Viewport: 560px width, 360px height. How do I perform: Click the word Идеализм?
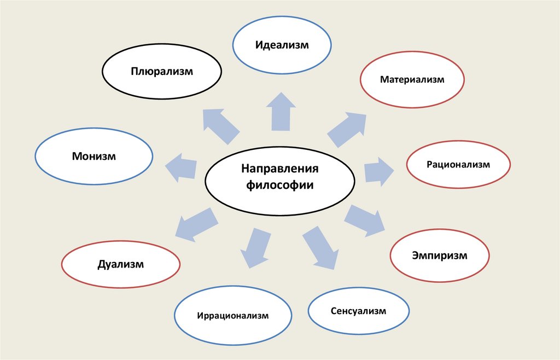(x=282, y=45)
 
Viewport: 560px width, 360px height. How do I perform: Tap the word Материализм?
(x=412, y=80)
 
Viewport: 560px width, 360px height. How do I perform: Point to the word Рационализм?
(x=458, y=164)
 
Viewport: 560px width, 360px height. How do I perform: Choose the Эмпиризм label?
(x=440, y=256)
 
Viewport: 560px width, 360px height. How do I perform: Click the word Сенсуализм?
(x=358, y=311)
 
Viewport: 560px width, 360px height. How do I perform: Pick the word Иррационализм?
(x=233, y=316)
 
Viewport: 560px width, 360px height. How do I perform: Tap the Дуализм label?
(x=121, y=265)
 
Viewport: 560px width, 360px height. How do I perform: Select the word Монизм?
(x=94, y=156)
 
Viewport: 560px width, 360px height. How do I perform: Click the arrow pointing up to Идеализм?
(x=281, y=112)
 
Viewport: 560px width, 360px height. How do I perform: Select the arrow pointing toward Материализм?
(x=347, y=129)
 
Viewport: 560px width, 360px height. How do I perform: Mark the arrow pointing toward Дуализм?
(x=196, y=223)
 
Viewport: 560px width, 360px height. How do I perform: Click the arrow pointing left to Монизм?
(x=181, y=167)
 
